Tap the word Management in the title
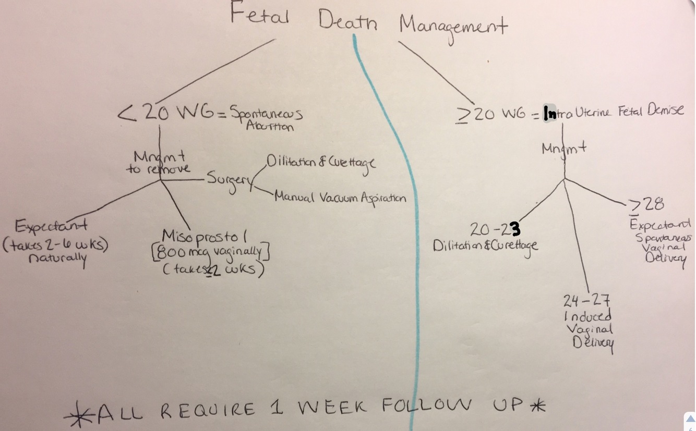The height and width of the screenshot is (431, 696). point(452,24)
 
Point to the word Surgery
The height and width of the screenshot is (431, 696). point(228,180)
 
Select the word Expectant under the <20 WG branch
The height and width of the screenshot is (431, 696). point(51,227)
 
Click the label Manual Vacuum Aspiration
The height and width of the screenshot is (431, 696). point(340,199)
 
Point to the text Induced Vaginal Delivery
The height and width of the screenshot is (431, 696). point(588,330)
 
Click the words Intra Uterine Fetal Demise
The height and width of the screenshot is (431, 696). point(613,112)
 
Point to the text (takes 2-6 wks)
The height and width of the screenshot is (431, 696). point(55,245)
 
